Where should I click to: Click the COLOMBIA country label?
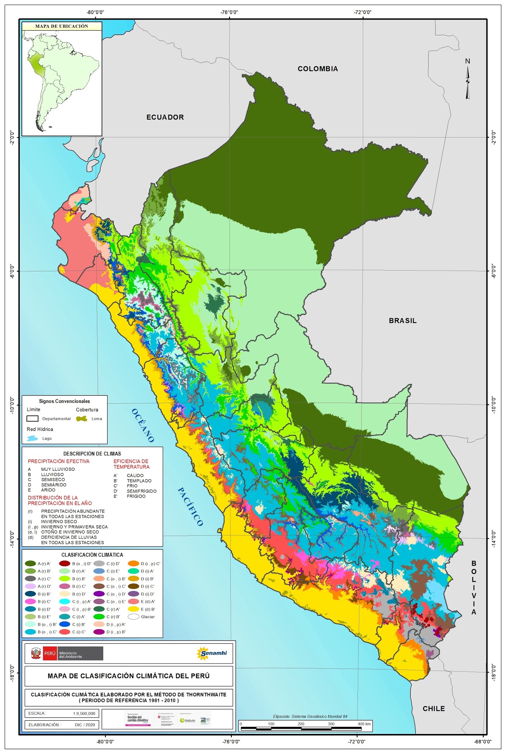[317, 69]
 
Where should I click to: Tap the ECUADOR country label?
[165, 117]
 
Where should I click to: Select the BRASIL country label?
[402, 321]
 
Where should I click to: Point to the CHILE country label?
[433, 709]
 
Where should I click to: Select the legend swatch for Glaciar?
[133, 617]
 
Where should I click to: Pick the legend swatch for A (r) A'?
[30, 564]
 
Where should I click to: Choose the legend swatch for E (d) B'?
[133, 609]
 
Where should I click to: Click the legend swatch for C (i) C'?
[64, 632]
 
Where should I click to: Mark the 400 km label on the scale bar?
[364, 724]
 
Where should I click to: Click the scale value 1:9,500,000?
[84, 713]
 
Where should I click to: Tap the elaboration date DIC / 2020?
[85, 724]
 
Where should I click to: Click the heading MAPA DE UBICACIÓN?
[62, 26]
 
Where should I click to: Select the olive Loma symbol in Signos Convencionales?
[81, 419]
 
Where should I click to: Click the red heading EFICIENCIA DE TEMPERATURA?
[131, 464]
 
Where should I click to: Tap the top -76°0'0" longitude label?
[229, 12]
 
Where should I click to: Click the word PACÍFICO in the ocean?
[190, 507]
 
